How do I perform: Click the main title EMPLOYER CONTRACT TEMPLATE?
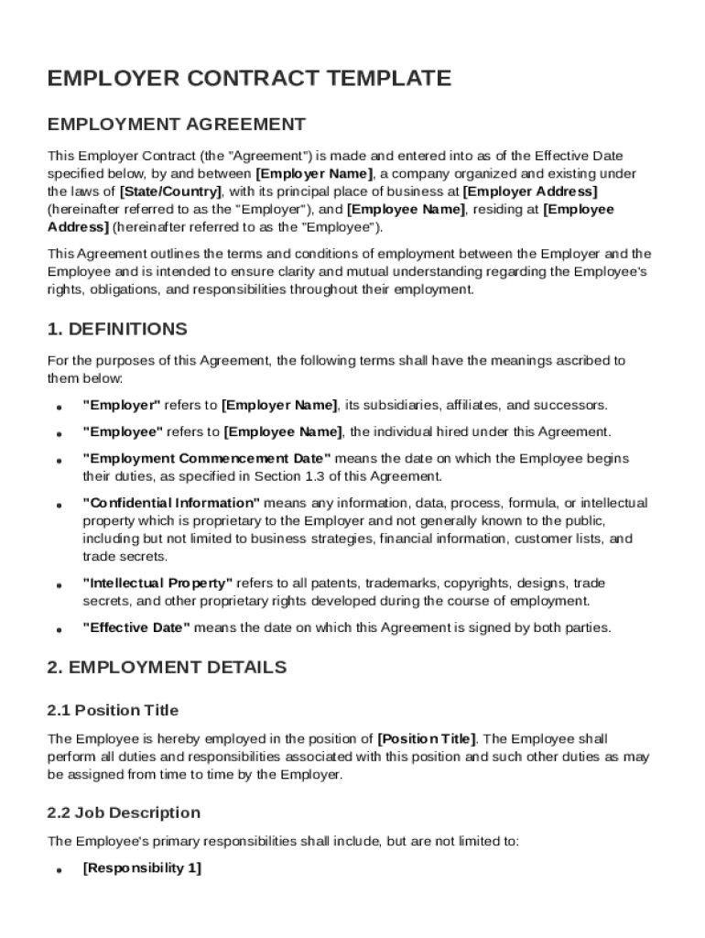tap(249, 79)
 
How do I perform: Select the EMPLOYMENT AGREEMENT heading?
tap(176, 124)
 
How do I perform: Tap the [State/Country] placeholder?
tap(171, 191)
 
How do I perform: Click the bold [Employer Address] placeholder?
tap(530, 191)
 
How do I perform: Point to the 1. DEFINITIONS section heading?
tap(116, 329)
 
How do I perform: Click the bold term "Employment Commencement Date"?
tap(207, 458)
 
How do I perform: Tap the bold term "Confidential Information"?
tap(172, 503)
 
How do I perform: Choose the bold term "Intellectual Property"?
tap(157, 584)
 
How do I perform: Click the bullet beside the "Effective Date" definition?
tap(59, 630)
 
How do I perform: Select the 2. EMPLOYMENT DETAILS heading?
tap(167, 667)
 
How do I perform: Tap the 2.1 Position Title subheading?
tap(113, 710)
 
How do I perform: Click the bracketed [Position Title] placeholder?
tap(427, 738)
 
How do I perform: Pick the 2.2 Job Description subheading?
tap(124, 813)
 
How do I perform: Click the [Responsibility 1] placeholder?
tap(142, 868)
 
